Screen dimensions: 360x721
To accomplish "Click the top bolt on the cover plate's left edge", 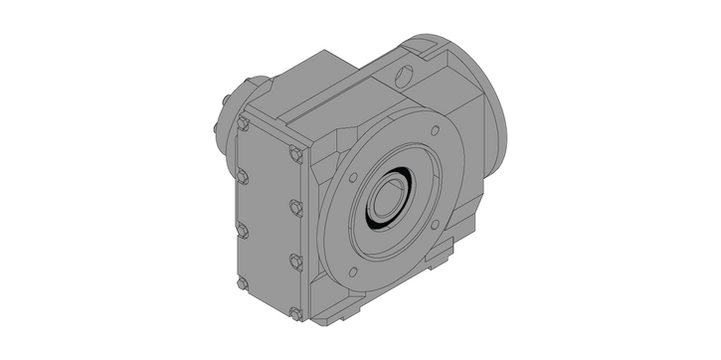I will pyautogui.click(x=243, y=123).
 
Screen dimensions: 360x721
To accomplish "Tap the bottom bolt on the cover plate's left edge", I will pyautogui.click(x=243, y=283).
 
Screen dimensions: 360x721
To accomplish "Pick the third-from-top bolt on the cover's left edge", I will pyautogui.click(x=242, y=231).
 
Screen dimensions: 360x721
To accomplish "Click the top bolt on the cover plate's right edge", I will pyautogui.click(x=294, y=154).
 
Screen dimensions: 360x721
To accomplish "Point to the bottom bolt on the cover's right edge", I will pyautogui.click(x=295, y=314).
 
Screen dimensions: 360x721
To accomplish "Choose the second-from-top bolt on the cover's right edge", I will pyautogui.click(x=295, y=207).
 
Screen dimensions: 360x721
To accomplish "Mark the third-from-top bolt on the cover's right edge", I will pyautogui.click(x=295, y=261).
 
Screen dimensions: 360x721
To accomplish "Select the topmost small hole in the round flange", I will pyautogui.click(x=434, y=130).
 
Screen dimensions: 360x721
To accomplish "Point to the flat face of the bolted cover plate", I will pyautogui.click(x=267, y=219).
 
